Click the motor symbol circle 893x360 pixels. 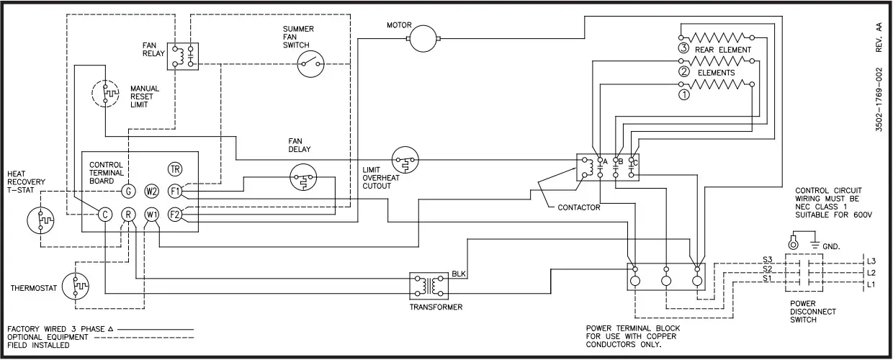424,39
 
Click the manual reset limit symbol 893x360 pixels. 106,94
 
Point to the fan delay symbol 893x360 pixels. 304,178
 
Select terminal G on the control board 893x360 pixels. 127,192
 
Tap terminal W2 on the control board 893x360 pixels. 151,192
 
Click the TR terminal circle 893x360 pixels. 174,169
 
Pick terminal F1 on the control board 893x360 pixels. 174,192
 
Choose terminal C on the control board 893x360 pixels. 104,214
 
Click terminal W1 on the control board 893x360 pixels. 151,214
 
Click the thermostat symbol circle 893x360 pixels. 76,286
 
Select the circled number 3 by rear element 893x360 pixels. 683,50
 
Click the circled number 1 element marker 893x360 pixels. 683,93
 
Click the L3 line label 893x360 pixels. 871,260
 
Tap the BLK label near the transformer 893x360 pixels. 459,274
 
